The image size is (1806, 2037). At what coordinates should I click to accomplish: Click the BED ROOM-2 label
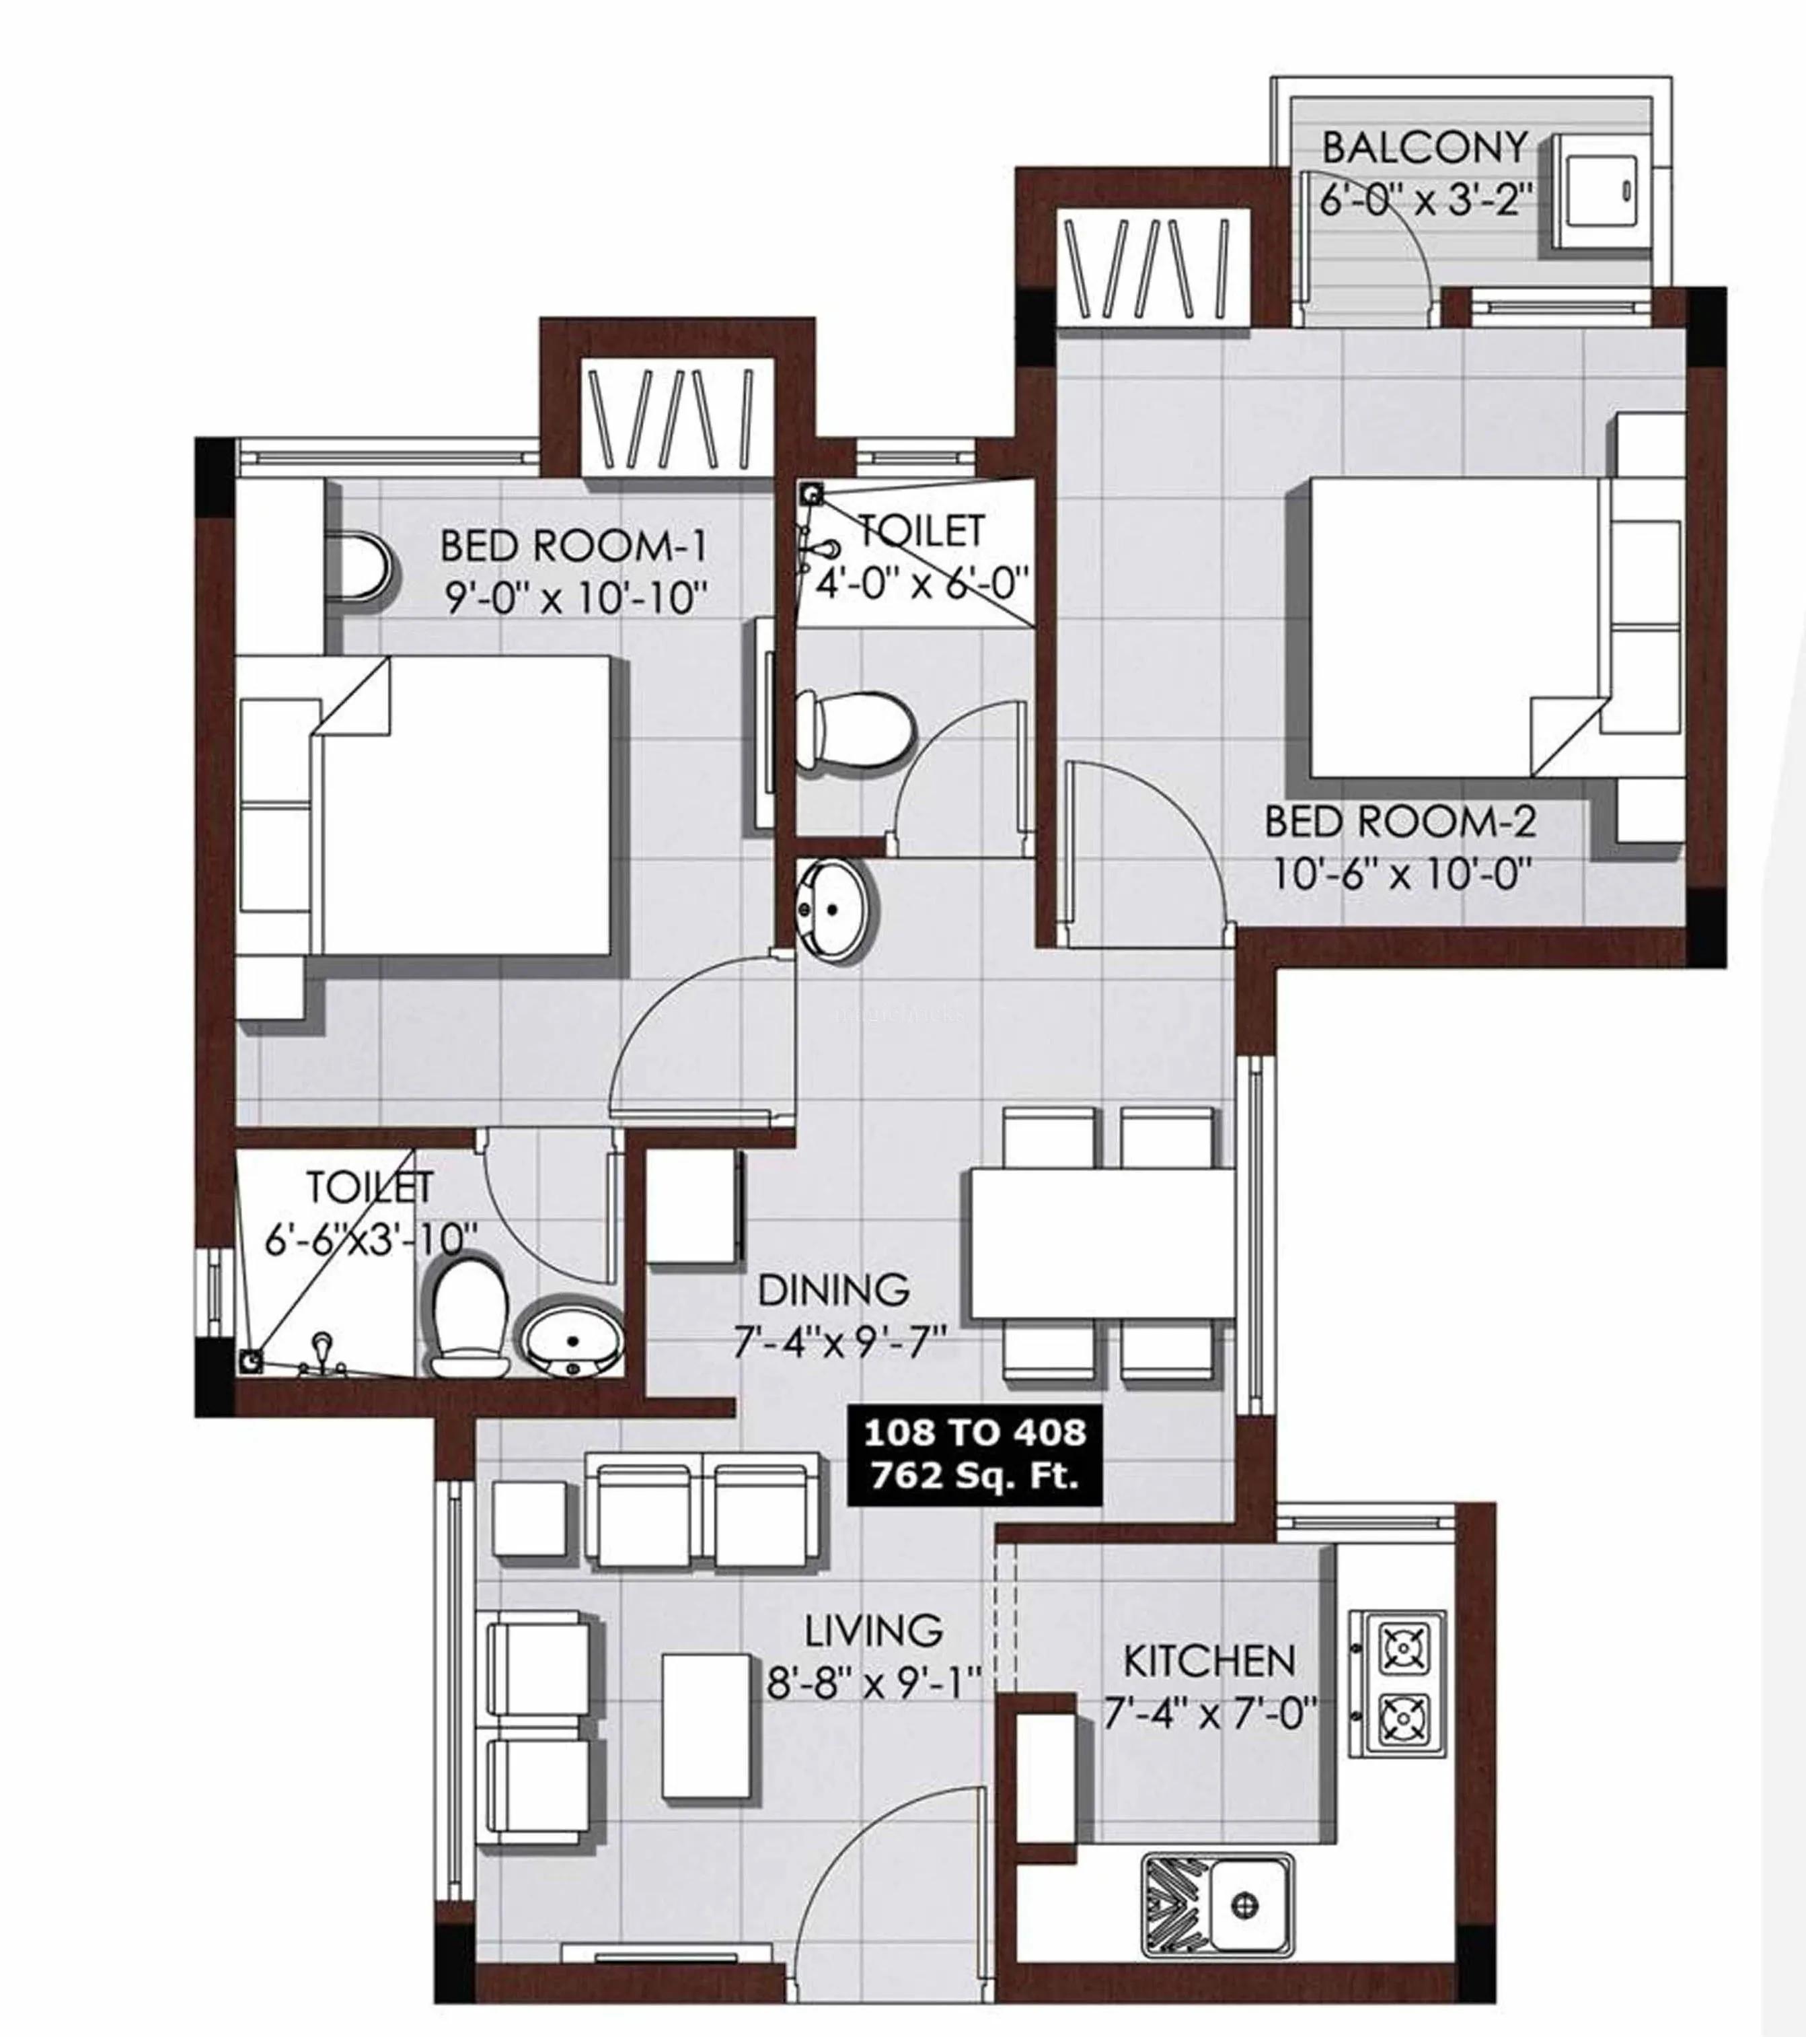tap(1400, 822)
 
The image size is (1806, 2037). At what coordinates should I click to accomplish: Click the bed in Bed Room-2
tap(1454, 628)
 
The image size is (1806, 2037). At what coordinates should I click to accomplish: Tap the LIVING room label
tap(874, 1631)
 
